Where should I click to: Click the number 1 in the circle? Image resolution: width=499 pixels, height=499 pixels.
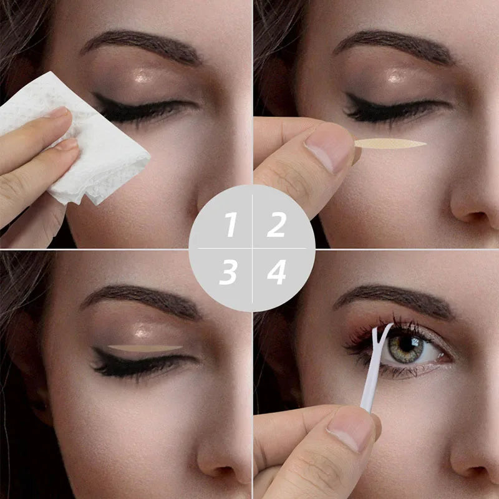(x=231, y=225)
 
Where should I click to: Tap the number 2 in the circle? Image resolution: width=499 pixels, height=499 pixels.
(x=276, y=225)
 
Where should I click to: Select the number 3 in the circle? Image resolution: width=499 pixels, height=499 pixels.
(x=229, y=273)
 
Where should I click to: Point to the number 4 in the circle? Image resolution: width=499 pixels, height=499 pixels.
(x=276, y=272)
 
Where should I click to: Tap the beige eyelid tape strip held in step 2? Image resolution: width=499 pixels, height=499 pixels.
(x=390, y=144)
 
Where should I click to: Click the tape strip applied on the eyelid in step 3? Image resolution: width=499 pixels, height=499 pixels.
(x=145, y=347)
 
